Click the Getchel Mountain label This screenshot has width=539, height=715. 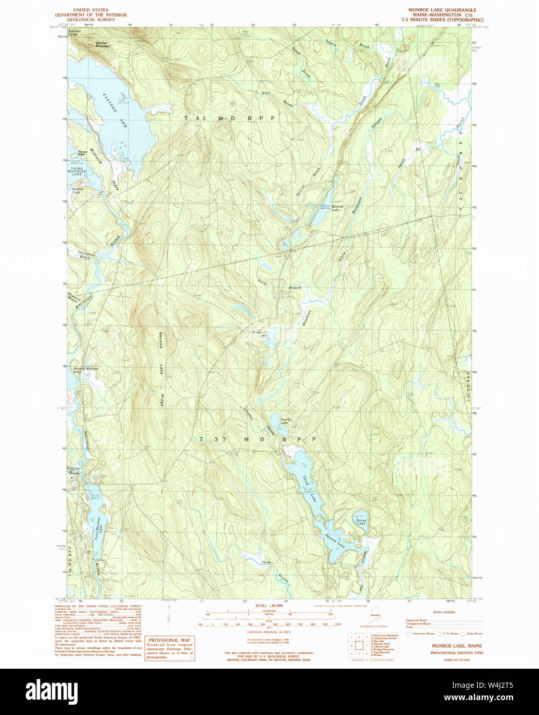(x=103, y=45)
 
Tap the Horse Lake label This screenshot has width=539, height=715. (x=361, y=522)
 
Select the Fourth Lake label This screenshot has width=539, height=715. (x=285, y=421)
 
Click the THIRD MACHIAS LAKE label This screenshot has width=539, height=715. (x=77, y=171)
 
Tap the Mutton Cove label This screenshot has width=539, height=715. (x=77, y=190)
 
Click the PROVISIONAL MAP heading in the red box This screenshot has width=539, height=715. (x=169, y=640)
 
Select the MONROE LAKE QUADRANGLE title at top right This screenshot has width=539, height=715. (x=442, y=10)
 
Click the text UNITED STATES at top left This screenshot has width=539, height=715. (x=90, y=10)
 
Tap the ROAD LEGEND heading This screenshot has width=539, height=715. (x=443, y=612)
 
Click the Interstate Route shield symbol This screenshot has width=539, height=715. (x=409, y=634)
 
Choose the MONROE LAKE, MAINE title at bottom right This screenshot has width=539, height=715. (x=456, y=645)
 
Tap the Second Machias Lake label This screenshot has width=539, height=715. (x=85, y=369)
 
